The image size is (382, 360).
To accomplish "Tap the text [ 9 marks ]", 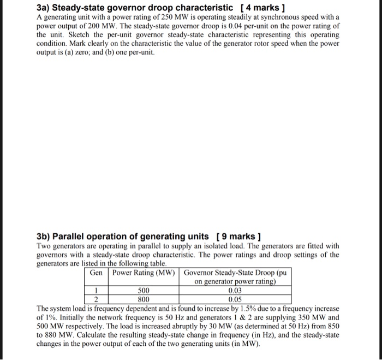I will tap(239, 236).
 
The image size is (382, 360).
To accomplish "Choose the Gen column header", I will tap(97, 273).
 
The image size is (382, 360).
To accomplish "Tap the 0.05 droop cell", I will tap(235, 299).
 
